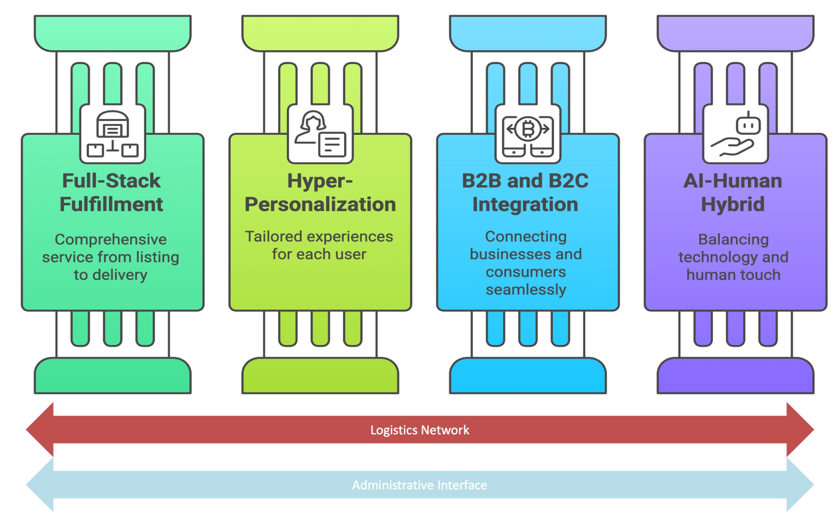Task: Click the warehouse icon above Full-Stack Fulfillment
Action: [112, 134]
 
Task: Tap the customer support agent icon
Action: [320, 134]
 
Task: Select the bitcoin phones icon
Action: [528, 134]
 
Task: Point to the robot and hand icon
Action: [735, 134]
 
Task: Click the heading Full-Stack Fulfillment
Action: [111, 192]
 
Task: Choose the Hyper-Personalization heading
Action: [320, 192]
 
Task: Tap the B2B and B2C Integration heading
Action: [525, 192]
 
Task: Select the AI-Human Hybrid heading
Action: [733, 192]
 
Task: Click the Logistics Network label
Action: [420, 430]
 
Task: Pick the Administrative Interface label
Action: [420, 485]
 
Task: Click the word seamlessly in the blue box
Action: [526, 289]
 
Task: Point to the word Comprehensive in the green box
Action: [111, 239]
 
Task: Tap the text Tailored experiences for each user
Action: [319, 245]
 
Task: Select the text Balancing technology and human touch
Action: [733, 257]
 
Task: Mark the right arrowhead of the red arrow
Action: [800, 430]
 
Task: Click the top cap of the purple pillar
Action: [735, 33]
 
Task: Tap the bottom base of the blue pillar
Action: [528, 376]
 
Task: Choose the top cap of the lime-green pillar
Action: [320, 33]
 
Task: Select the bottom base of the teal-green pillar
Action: [112, 376]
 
